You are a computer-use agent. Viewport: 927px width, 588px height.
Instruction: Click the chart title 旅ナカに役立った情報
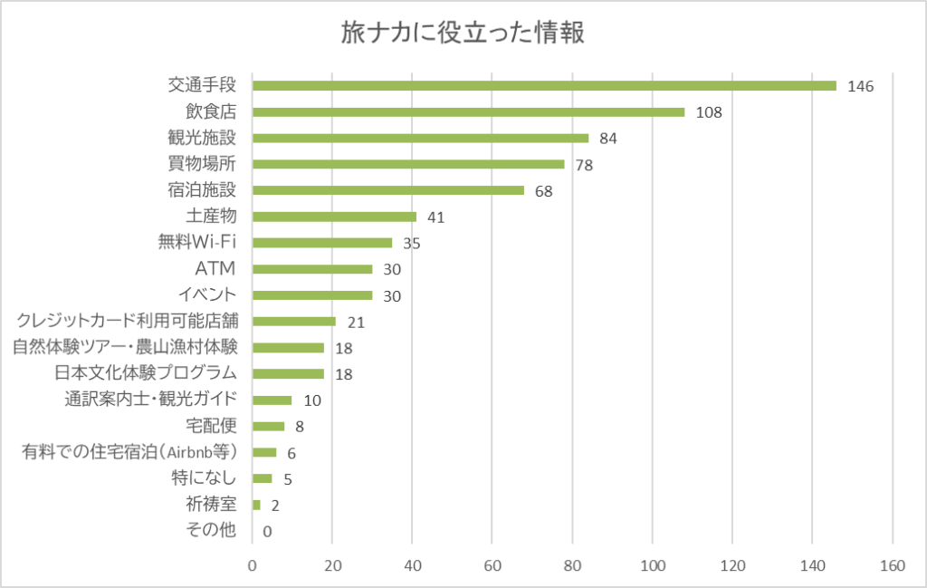point(463,34)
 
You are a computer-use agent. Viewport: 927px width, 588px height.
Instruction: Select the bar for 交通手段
point(544,85)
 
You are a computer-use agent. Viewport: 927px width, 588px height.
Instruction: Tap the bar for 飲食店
point(468,111)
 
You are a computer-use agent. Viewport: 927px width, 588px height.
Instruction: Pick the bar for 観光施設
point(420,138)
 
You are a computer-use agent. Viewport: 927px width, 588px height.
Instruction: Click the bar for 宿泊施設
point(388,190)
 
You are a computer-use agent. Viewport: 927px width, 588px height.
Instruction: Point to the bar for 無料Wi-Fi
point(322,243)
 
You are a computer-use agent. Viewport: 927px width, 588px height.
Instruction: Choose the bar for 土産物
point(334,217)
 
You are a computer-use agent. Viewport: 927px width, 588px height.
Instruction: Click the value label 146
point(859,86)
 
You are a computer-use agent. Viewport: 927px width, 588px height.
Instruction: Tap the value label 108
point(707,112)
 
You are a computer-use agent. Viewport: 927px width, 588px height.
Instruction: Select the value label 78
point(583,165)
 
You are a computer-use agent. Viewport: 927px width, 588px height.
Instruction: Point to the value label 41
point(435,217)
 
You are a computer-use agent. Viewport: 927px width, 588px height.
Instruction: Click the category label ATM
point(215,269)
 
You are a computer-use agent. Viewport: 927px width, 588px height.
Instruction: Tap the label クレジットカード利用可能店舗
point(127,321)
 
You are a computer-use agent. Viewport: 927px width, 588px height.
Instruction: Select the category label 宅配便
point(210,426)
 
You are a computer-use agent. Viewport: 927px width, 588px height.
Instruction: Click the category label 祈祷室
point(210,505)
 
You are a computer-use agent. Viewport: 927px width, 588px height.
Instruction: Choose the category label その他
point(210,531)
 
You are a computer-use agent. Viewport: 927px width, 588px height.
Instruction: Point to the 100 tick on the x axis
point(653,566)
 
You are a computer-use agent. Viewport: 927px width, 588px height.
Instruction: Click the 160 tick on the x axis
point(893,566)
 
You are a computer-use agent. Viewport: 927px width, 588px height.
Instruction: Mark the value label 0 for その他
point(267,532)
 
